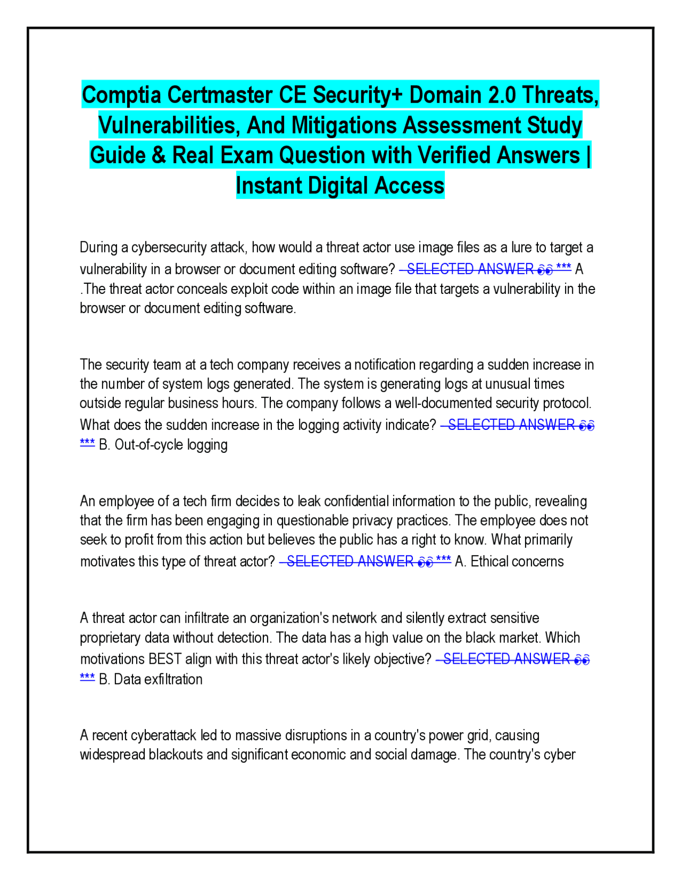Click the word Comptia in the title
click(122, 95)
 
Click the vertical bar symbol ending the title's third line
click(588, 156)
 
